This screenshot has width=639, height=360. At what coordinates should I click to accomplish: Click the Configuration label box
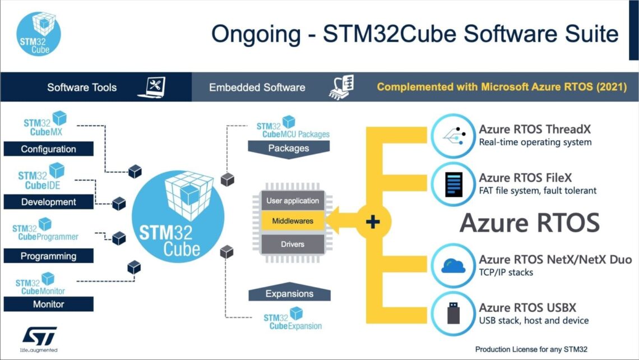pos(48,149)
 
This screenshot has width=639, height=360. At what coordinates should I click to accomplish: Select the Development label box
pos(48,202)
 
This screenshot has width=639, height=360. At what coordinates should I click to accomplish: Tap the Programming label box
pos(48,256)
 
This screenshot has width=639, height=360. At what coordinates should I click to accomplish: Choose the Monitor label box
pos(48,304)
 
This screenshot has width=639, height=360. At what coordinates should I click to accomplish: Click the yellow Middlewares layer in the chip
pos(293,221)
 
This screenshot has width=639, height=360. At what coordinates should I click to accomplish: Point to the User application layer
pos(293,201)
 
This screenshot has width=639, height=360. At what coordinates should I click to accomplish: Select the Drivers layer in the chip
pos(293,244)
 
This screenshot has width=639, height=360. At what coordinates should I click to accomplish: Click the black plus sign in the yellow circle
pos(373,222)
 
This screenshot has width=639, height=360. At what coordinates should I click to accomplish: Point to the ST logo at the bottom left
pos(39,336)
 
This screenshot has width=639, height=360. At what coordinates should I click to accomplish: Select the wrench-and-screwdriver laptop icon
pos(155,87)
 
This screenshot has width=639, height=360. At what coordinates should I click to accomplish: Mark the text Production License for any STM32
pos(531,349)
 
